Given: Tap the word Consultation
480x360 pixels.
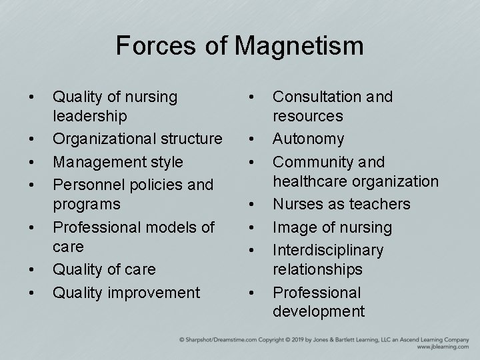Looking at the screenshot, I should click(317, 97).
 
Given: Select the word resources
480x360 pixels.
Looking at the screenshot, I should click(308, 116).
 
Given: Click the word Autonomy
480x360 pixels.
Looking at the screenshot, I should click(309, 139).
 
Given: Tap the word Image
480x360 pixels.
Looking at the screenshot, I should click(291, 227).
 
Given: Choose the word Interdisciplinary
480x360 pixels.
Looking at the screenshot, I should click(329, 250).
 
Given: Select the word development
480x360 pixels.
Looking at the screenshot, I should click(319, 311).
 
